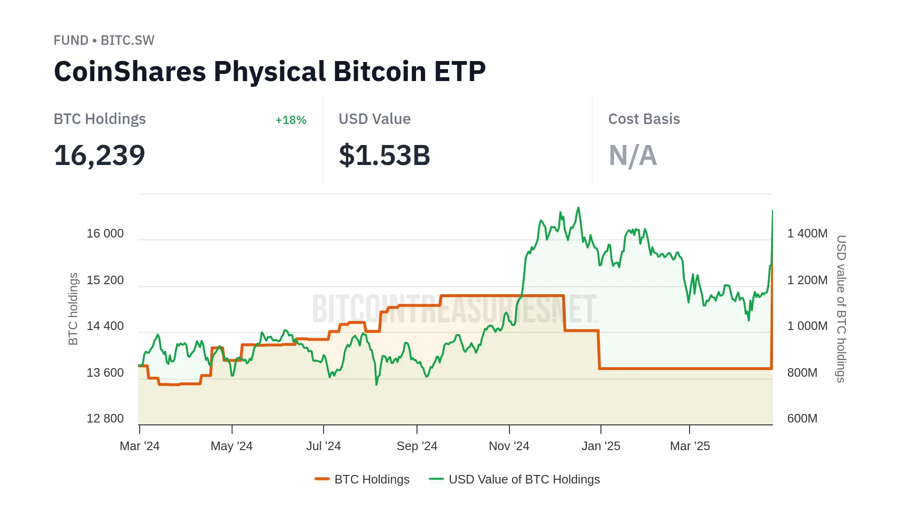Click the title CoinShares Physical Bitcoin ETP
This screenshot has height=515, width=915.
point(270,72)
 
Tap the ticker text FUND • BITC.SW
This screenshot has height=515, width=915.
point(104,41)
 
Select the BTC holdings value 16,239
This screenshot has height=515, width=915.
point(100,155)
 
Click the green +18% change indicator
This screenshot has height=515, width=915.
point(291,120)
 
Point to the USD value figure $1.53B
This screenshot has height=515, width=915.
point(384,155)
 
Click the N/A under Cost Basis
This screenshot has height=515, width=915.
point(632,155)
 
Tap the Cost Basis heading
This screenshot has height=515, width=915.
point(644,119)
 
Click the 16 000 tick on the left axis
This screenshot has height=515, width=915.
point(105,234)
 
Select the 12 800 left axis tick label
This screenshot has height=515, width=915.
point(105,419)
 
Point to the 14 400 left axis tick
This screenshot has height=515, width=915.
point(105,326)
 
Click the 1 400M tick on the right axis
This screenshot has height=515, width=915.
point(807,234)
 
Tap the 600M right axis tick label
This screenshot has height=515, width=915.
point(802,419)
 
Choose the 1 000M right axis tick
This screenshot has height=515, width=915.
point(807,326)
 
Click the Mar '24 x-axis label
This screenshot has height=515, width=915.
point(140,446)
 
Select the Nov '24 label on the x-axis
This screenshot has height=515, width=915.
point(509,446)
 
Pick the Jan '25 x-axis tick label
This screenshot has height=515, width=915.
point(601,446)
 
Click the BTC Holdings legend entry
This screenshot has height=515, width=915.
point(363,479)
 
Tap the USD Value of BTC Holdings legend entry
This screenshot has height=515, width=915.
point(515,479)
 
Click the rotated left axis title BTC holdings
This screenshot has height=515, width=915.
point(73,309)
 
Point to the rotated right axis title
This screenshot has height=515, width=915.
point(841,309)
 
